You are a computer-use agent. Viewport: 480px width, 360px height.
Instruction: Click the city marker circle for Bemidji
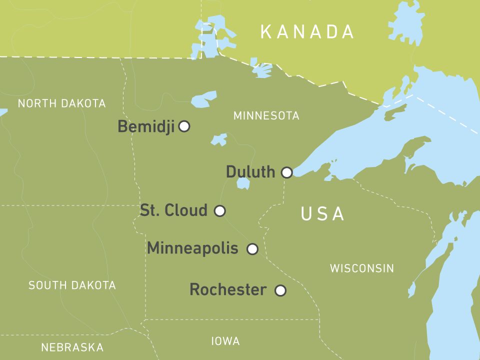[184, 126]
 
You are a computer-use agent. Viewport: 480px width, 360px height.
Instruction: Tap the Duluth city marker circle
[286, 172]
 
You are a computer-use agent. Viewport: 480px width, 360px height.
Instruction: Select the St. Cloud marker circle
[219, 210]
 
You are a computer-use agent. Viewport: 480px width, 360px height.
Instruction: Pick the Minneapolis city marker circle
[252, 248]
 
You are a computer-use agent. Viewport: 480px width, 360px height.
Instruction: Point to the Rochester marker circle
[280, 290]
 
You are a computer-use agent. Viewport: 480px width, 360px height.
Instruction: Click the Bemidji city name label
[146, 127]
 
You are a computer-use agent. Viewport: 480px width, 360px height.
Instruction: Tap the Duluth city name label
[250, 172]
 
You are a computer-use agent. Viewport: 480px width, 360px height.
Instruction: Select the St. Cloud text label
[173, 210]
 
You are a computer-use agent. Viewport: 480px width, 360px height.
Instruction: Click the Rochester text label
[228, 289]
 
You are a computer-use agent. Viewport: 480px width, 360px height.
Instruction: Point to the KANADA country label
[307, 32]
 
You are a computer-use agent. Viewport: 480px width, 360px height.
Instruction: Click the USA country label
[322, 214]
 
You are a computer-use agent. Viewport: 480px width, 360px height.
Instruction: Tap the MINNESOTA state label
[266, 116]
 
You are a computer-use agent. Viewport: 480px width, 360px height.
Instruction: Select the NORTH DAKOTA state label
[61, 103]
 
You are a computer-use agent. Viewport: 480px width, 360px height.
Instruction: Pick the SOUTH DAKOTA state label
[72, 285]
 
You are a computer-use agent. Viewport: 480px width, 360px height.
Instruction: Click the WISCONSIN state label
[361, 268]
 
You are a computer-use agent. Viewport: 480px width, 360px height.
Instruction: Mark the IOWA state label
[225, 341]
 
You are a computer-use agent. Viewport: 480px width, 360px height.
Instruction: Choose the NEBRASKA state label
[72, 347]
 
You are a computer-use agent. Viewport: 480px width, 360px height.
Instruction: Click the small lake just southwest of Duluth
[243, 183]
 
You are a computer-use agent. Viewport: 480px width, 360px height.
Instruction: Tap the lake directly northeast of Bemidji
[204, 99]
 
